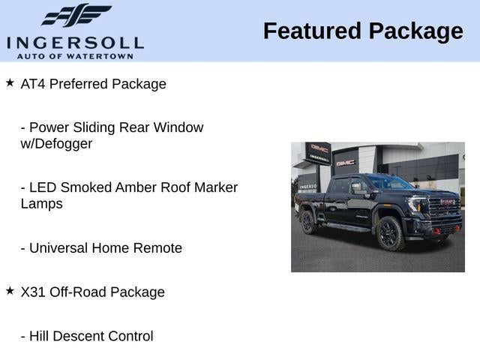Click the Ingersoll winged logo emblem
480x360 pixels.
76,15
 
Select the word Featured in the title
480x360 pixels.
310,31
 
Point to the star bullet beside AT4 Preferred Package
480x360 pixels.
10,82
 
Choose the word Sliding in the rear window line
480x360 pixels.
94,127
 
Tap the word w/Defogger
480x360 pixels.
56,143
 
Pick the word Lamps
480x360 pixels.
41,203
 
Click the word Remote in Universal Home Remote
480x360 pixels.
157,247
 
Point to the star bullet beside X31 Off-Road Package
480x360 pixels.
10,290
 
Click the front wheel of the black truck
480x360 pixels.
390,233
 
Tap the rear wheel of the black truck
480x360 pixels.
307,222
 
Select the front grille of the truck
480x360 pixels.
444,207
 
